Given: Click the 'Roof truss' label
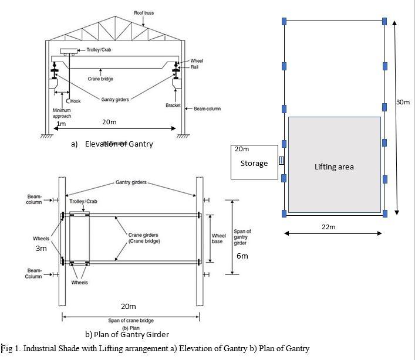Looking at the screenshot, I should pos(144,12).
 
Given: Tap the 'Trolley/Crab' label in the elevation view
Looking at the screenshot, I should pos(99,50).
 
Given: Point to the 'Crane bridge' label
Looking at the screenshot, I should pos(100,79).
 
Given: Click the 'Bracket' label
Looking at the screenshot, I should pos(173,106).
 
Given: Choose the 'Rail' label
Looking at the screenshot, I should pos(194,67).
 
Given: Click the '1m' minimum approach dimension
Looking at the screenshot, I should pos(61,124).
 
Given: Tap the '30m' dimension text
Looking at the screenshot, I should pos(403,102).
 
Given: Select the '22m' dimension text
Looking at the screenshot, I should pos(328,227).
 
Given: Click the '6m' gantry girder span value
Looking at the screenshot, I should pos(242,256).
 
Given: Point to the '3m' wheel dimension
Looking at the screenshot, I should pos(41,249).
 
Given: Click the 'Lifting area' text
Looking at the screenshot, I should pos(333,167).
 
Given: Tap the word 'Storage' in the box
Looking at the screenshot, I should pos(254,163).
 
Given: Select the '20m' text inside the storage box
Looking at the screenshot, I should pos(242,149).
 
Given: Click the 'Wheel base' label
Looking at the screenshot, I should pos(218,239).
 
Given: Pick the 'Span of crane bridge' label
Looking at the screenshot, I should pos(130,320).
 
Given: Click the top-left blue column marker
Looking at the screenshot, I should pos(285,21).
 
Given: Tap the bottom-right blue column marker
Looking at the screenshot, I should pos(384,213).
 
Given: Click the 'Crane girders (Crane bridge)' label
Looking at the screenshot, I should pos(144,238).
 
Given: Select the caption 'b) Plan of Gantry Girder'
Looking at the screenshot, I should pos(127,334).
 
